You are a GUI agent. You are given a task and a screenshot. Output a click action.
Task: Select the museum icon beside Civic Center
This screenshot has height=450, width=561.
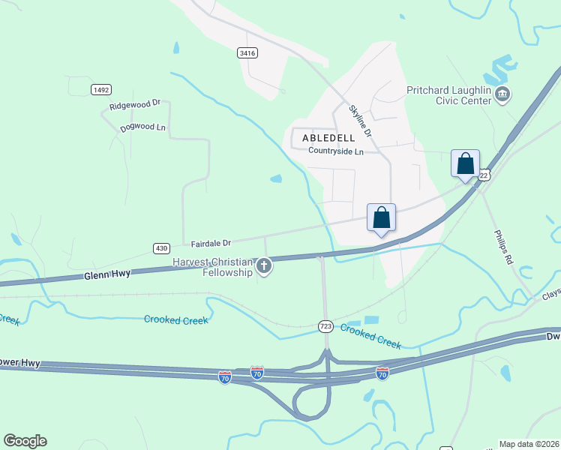tap(503, 94)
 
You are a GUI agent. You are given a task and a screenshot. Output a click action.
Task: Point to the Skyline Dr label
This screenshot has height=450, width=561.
tap(360, 120)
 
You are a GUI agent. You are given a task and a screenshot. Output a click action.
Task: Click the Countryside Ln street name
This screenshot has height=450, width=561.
tap(335, 151)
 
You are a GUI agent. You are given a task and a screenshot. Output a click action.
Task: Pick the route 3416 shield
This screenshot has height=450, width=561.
tap(247, 52)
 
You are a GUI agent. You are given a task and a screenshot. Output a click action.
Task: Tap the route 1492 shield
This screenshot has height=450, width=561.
tap(101, 89)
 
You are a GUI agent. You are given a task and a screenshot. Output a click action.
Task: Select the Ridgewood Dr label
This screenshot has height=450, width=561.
tap(135, 106)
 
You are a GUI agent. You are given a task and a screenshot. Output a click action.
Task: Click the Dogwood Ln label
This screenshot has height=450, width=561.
tap(142, 127)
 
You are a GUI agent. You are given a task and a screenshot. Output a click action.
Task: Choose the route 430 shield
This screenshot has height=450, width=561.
tap(162, 247)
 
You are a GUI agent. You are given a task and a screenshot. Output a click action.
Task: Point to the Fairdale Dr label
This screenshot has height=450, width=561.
tap(211, 243)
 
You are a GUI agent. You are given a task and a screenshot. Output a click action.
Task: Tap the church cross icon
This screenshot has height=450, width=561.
tap(264, 265)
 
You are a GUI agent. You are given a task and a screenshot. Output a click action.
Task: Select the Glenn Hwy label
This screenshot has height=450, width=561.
tap(106, 274)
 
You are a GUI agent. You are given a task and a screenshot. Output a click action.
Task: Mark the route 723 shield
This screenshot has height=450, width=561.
tap(325, 326)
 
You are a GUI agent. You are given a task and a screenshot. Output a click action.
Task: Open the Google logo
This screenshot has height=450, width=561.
tap(25, 441)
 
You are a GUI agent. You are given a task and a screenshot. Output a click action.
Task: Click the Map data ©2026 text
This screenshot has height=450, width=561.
tap(529, 444)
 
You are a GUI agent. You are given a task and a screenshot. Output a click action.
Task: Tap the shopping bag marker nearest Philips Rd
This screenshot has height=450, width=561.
tap(465, 163)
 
